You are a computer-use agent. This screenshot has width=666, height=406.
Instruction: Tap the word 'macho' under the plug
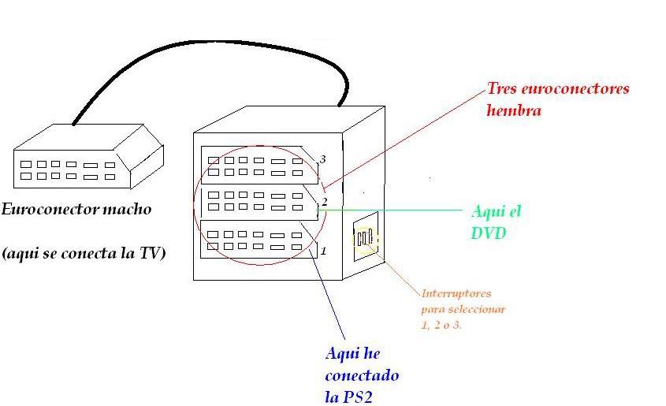(x=126, y=210)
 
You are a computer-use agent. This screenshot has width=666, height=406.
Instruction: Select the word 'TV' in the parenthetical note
(x=148, y=254)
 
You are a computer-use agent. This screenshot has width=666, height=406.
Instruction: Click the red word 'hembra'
(x=513, y=110)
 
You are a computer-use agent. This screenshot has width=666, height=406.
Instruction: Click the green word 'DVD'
(x=489, y=233)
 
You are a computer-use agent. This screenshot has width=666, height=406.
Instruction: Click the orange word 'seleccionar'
(x=475, y=309)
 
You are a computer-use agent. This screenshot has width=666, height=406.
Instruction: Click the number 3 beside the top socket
(x=322, y=159)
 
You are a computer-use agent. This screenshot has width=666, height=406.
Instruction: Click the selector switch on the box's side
(x=364, y=238)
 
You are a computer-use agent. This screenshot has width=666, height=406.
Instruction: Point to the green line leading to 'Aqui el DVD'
(x=394, y=210)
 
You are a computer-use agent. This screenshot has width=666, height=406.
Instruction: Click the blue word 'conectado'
(x=362, y=375)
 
